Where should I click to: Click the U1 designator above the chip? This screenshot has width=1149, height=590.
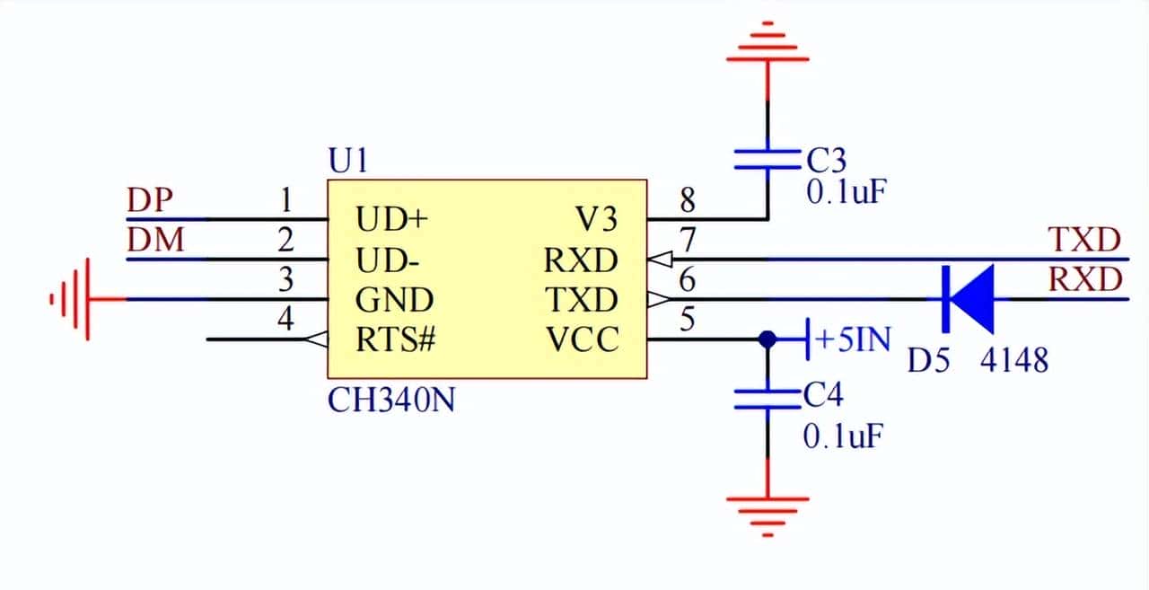(x=349, y=162)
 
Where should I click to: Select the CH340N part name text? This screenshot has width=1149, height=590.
(x=390, y=400)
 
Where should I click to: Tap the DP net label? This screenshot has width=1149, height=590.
(x=149, y=200)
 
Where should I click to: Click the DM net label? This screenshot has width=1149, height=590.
(x=155, y=241)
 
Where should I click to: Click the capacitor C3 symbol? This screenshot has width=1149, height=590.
(x=767, y=160)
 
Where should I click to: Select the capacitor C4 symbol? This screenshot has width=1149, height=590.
(x=767, y=400)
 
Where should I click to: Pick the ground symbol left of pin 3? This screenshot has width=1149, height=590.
(x=72, y=299)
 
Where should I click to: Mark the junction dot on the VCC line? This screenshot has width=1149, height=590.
(x=767, y=340)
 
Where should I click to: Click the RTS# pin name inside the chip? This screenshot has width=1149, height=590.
(x=395, y=340)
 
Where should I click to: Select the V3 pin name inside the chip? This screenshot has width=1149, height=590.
(x=597, y=219)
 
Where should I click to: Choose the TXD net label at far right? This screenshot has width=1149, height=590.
(x=1085, y=240)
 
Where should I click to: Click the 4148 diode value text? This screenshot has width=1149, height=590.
(x=1013, y=361)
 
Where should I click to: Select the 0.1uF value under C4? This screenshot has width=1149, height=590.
(x=843, y=437)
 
